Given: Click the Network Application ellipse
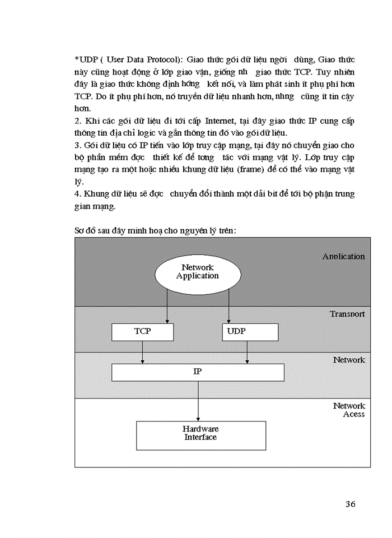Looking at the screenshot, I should click(x=197, y=272).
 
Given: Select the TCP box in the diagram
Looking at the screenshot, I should click(x=142, y=332).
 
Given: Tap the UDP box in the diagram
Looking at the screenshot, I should click(x=250, y=332).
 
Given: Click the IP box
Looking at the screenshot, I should click(x=198, y=372).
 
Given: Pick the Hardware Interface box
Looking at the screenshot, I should click(x=200, y=435).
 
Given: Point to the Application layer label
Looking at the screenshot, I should click(x=343, y=257).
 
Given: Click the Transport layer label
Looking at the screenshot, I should click(x=347, y=314).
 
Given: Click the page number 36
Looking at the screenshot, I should click(x=350, y=504).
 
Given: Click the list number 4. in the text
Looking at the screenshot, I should click(x=78, y=194).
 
